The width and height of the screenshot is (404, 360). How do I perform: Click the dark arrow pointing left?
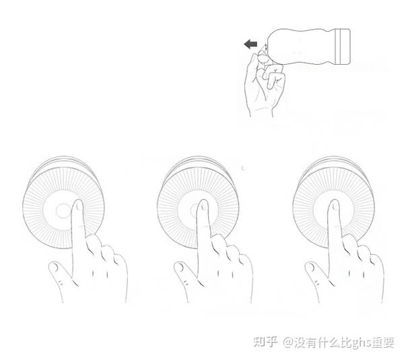(250, 44)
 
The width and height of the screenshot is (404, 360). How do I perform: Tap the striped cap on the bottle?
(343, 47)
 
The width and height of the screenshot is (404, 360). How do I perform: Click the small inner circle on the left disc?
(63, 211)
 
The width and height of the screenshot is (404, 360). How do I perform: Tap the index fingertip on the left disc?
(77, 205)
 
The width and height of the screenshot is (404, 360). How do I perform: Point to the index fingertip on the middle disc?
(203, 206)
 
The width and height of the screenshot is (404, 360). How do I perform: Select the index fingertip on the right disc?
(335, 206)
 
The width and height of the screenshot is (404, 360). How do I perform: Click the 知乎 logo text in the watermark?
(266, 342)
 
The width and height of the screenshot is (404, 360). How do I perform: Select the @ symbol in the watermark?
(289, 343)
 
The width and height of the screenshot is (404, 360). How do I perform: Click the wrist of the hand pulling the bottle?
(261, 111)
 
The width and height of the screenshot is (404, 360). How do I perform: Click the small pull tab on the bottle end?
(265, 47)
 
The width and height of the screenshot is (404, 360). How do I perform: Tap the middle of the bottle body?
(300, 47)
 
